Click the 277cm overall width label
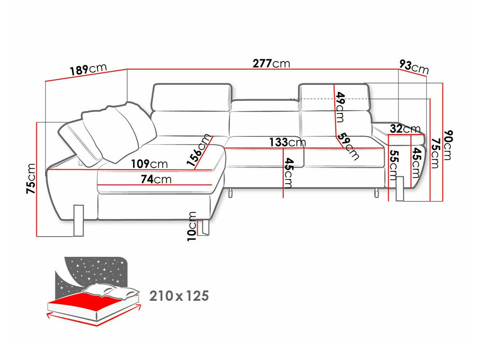tap(271, 63)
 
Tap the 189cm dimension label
tap(88, 70)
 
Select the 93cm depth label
tap(414, 67)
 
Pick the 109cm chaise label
tap(149, 164)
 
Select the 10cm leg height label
tap(192, 226)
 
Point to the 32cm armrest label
tap(405, 129)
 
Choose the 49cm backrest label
tap(340, 107)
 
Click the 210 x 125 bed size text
tap(179, 296)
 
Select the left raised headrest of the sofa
tap(192, 96)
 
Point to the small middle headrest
tap(264, 106)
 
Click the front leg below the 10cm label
tap(206, 227)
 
